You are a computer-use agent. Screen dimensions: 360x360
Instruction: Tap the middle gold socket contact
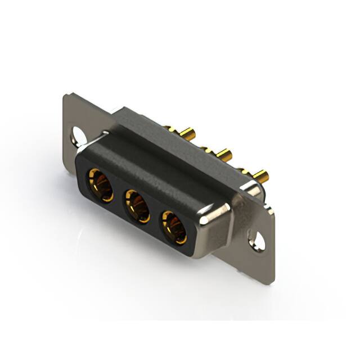click(137, 206)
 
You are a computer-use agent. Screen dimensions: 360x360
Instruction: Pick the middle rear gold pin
click(223, 154)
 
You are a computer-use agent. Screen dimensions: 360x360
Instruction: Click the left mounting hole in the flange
click(78, 134)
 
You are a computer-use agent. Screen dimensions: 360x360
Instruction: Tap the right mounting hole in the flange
click(258, 240)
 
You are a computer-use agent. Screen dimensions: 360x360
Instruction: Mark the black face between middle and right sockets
click(156, 216)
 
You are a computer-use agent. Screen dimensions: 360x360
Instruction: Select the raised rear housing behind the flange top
click(163, 121)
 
